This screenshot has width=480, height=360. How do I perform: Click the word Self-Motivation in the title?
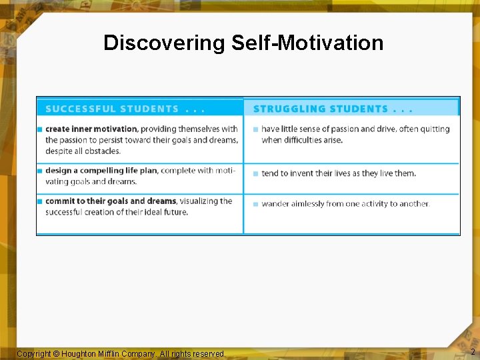click(307, 43)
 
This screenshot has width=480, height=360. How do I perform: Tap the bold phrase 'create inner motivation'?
click(91, 129)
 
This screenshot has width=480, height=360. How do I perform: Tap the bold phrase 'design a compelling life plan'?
click(101, 171)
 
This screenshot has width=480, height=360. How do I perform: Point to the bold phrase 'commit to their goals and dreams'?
click(111, 201)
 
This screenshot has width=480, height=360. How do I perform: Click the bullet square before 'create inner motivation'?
click(40, 129)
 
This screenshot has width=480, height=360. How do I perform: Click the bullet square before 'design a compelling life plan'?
click(40, 171)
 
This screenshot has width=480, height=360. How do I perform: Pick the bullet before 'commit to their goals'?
click(40, 201)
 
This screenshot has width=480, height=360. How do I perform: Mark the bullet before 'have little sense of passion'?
click(255, 129)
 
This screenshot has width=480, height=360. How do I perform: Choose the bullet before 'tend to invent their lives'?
click(255, 173)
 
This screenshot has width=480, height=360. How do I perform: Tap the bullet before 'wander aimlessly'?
click(255, 204)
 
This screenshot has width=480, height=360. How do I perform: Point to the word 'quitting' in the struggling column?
click(434, 129)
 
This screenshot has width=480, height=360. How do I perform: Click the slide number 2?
click(473, 352)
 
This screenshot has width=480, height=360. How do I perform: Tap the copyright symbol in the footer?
click(56, 353)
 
